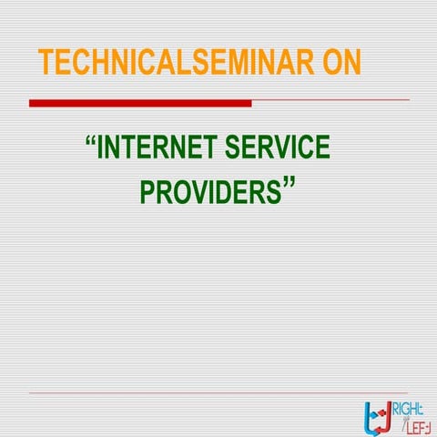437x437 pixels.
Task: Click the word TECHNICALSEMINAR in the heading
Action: click(167, 62)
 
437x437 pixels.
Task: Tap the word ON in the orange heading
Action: click(336, 62)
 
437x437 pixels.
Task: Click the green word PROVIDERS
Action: click(210, 193)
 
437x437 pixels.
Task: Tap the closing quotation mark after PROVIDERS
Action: click(290, 186)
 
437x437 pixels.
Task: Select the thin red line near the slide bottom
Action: click(218, 393)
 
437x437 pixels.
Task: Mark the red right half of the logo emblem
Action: click(387, 414)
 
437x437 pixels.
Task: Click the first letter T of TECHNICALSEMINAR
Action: click(46, 62)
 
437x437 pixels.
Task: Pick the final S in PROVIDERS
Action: click(274, 193)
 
